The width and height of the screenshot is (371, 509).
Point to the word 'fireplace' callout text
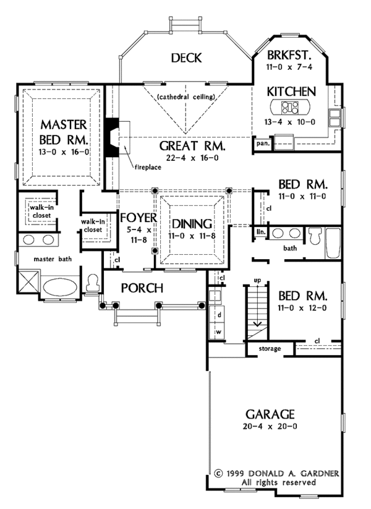[x=145, y=167]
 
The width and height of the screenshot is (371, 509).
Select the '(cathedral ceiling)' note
[x=185, y=96]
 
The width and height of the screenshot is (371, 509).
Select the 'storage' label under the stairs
[x=270, y=349]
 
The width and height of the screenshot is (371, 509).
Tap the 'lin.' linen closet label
[x=261, y=232]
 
